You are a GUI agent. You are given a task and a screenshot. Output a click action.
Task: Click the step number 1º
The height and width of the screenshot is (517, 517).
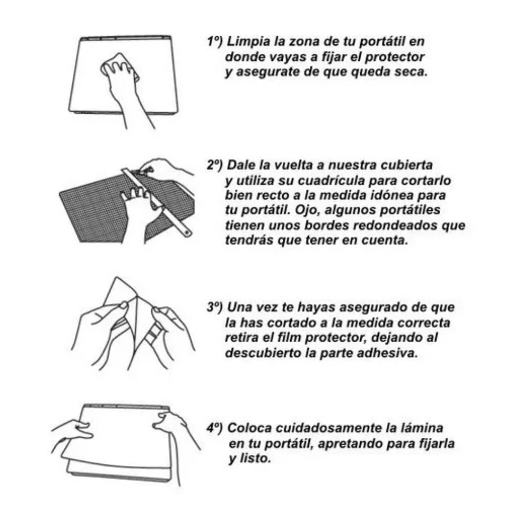pos(214,42)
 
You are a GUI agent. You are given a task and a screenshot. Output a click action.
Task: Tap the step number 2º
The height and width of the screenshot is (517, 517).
pos(214,165)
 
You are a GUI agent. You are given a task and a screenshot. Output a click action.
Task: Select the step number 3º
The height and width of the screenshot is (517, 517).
pos(214,308)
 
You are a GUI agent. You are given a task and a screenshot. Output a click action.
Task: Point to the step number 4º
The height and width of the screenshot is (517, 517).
pos(214,428)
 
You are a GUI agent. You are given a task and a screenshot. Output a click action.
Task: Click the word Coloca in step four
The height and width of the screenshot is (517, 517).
pos(247,428)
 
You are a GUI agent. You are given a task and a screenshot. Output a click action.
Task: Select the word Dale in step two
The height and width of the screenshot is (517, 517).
pos(240,165)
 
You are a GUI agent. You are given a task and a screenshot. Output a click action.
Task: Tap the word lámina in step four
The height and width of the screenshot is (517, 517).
pos(420,428)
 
